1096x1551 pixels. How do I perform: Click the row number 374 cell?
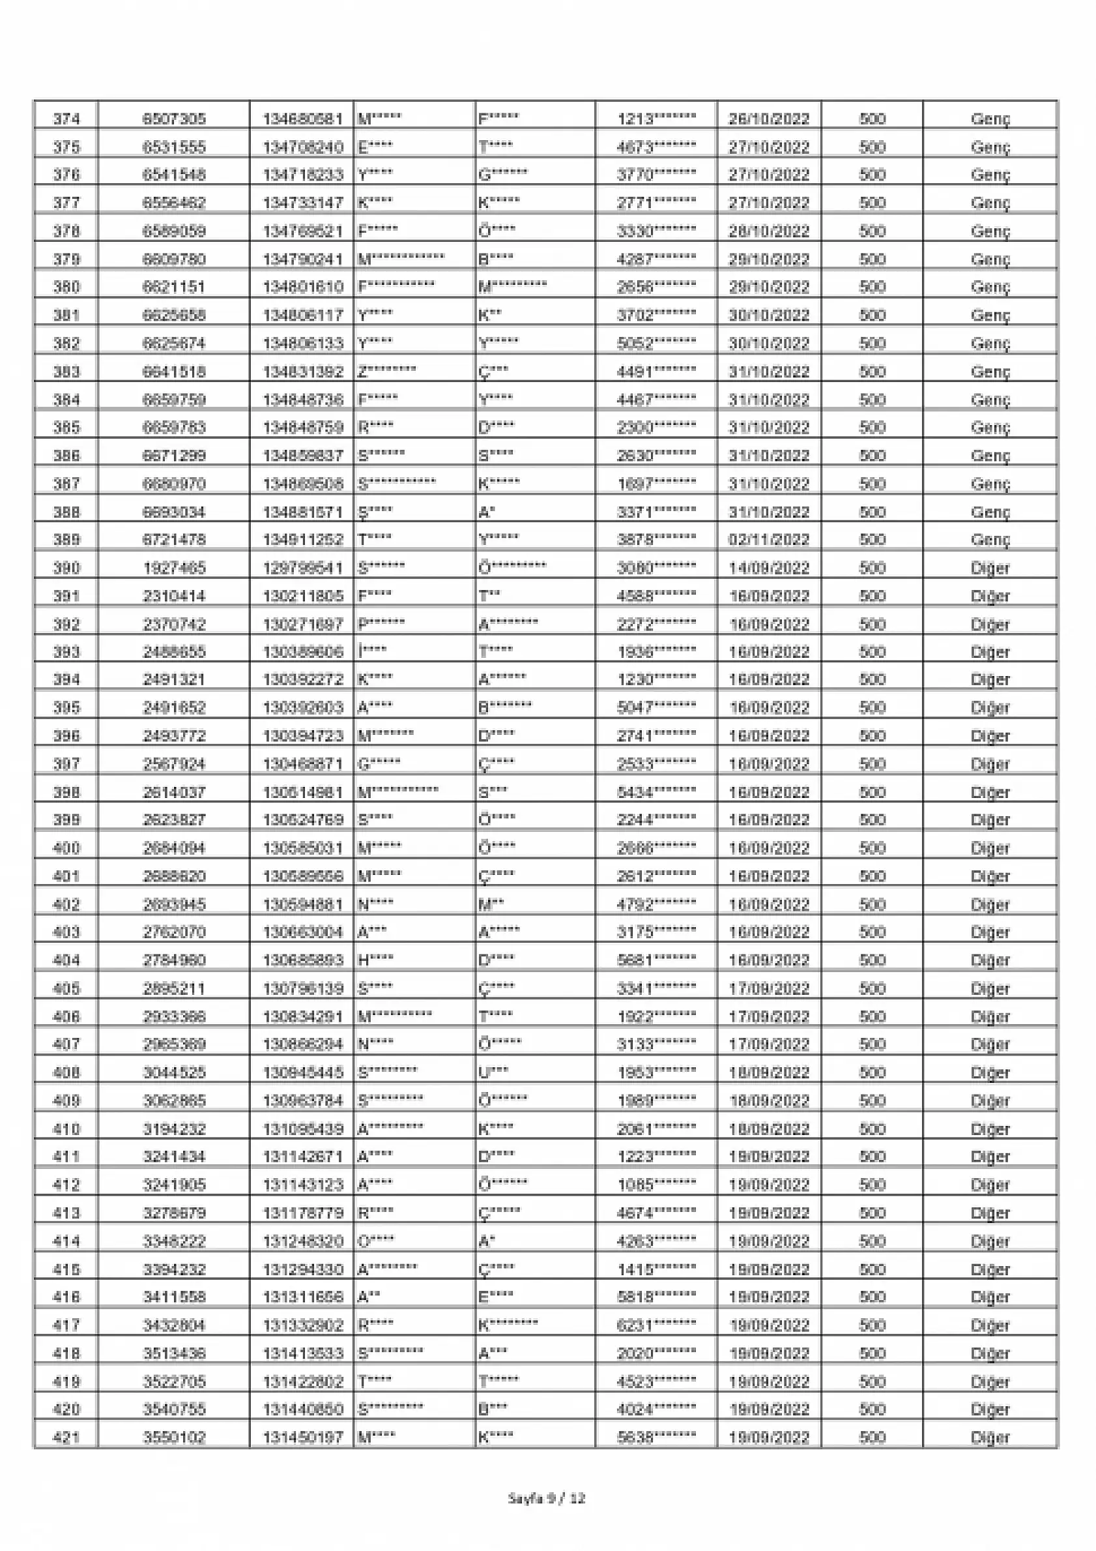(66, 119)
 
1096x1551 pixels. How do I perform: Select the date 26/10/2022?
(768, 119)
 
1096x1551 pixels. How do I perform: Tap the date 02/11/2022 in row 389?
(768, 540)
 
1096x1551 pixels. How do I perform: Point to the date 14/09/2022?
(768, 568)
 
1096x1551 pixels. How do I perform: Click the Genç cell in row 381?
(990, 316)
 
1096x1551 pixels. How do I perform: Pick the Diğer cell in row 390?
(990, 568)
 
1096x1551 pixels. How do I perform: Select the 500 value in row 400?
(872, 848)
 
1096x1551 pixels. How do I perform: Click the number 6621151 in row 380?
(173, 287)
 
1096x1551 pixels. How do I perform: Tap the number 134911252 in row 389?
(302, 540)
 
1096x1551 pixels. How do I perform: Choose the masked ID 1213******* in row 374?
(656, 119)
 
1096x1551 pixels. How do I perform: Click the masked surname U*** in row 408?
(493, 1072)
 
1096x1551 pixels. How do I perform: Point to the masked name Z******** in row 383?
(386, 372)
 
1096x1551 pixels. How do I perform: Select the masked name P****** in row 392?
(381, 623)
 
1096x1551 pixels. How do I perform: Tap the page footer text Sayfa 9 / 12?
(546, 1498)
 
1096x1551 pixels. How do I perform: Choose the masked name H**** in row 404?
(375, 960)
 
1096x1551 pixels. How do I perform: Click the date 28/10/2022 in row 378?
(768, 231)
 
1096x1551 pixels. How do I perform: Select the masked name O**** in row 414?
(375, 1241)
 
